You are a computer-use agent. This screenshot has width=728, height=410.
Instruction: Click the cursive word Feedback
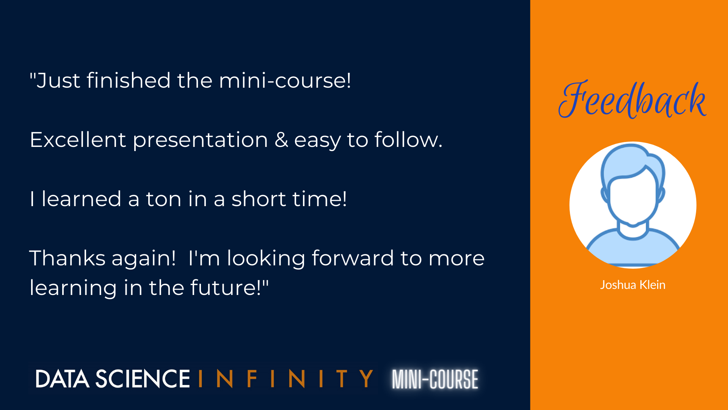point(632,99)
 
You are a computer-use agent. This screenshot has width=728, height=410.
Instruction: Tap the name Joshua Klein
point(632,285)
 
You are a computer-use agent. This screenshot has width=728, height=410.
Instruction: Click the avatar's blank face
point(632,197)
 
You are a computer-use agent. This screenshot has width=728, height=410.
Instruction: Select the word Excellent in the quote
point(78,140)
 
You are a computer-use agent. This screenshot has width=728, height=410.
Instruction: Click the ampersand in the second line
point(281,140)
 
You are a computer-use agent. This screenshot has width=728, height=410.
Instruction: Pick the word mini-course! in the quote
point(285,80)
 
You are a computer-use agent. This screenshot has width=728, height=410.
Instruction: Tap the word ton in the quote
point(164,199)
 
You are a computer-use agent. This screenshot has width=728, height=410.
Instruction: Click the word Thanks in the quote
point(67,258)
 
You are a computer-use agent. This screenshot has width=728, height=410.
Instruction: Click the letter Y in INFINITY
point(366,379)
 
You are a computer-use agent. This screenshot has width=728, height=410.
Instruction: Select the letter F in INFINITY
point(252,379)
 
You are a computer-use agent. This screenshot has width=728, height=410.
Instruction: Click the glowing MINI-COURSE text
point(435,379)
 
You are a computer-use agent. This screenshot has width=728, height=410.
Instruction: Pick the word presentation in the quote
point(201,140)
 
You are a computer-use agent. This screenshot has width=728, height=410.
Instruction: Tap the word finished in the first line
point(129,80)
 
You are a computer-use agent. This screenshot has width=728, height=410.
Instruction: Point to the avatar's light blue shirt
point(632,249)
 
